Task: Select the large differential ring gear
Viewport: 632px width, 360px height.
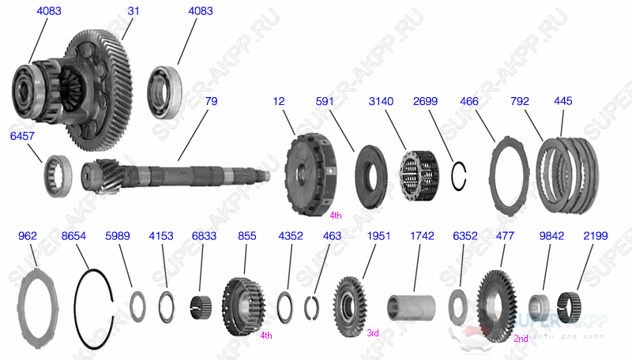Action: (x=103, y=87)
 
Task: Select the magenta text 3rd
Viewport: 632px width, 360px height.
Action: (x=373, y=333)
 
